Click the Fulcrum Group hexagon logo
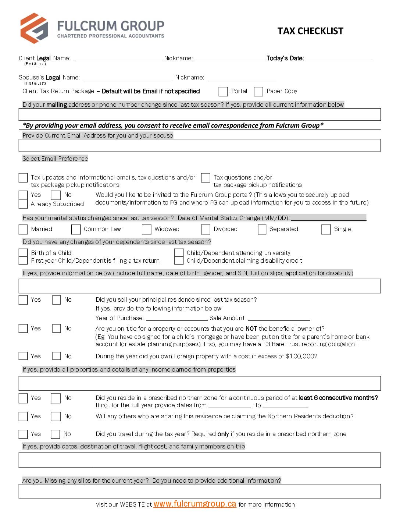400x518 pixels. click(x=34, y=28)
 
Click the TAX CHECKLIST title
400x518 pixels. click(x=310, y=31)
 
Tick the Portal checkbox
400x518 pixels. click(x=223, y=91)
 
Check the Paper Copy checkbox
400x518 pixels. click(x=258, y=91)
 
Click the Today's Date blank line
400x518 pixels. click(x=338, y=58)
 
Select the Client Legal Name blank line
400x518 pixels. click(x=118, y=58)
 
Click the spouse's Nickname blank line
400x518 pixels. click(x=242, y=78)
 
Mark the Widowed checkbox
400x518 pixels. click(x=146, y=229)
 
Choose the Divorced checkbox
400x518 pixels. click(x=206, y=229)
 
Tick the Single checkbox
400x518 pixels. click(x=326, y=229)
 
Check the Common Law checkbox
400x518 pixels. click(x=76, y=229)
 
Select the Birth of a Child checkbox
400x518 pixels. click(x=23, y=253)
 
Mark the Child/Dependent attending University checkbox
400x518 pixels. click(x=179, y=253)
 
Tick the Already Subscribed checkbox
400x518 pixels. click(x=23, y=204)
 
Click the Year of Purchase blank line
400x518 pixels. click(x=176, y=318)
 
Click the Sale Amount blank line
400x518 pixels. click(x=279, y=318)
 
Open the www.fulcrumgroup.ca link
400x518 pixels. click(x=194, y=504)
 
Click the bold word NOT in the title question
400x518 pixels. click(x=251, y=329)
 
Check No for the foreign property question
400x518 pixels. click(x=56, y=356)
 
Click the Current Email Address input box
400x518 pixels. click(x=200, y=145)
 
